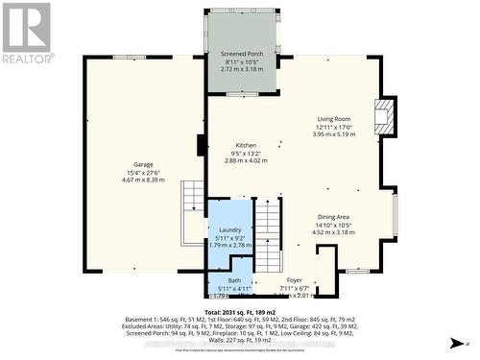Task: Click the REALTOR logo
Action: tap(28, 34)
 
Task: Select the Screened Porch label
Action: tap(241, 54)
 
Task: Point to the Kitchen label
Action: tap(246, 145)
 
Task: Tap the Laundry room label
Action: tap(229, 230)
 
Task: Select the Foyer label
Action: tap(295, 280)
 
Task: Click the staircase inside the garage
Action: tap(193, 200)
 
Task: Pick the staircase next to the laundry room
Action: tap(270, 234)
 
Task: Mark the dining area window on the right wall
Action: tap(395, 214)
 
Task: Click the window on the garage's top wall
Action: tap(124, 58)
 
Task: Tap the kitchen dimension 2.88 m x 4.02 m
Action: tap(246, 160)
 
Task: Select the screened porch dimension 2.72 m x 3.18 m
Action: tap(241, 69)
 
